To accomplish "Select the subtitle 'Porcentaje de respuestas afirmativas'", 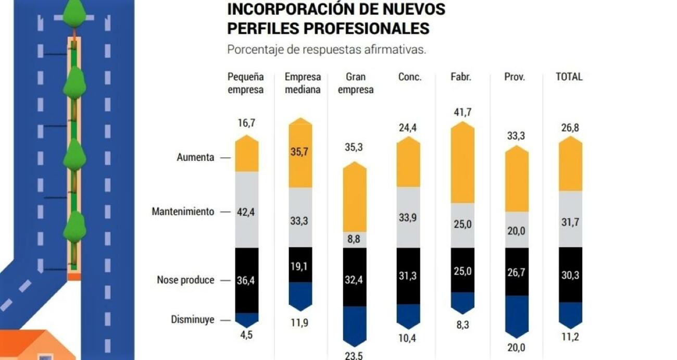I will (x=327, y=50).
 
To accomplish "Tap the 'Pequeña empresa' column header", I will (x=246, y=83).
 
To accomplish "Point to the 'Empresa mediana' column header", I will (x=303, y=83).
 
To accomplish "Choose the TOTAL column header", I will (x=569, y=77).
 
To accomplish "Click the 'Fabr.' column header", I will (x=461, y=77).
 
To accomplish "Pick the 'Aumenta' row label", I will (x=195, y=157).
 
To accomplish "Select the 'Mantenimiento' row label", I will (x=183, y=212).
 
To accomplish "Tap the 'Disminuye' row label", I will (x=193, y=320).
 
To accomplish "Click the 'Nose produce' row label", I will (x=185, y=280).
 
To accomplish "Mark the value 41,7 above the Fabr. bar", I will (x=462, y=111).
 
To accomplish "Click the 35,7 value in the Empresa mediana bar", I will (x=300, y=152).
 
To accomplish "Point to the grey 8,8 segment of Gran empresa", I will (x=355, y=240).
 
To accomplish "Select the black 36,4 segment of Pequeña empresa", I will (x=247, y=280).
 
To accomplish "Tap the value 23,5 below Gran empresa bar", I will (x=354, y=356).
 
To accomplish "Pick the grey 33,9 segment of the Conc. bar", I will (x=408, y=217).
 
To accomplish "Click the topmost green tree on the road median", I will (x=75, y=12).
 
